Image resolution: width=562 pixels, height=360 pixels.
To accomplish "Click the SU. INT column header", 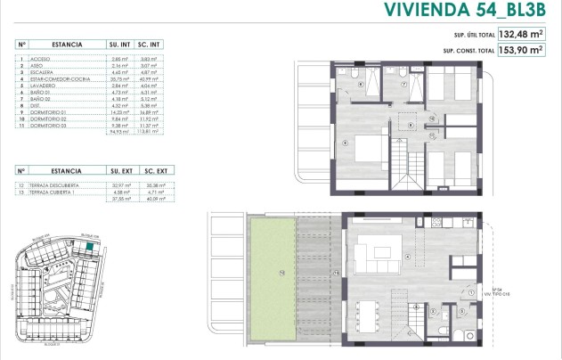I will [119, 43].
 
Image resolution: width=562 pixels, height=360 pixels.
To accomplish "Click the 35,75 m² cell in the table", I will [118, 80].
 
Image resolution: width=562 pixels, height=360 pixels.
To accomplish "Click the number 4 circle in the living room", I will [407, 258].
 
